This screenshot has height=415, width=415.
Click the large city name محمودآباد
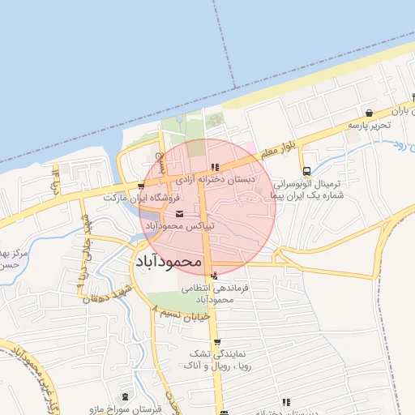[x=165, y=261]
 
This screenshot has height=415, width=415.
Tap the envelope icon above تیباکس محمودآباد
[x=179, y=214]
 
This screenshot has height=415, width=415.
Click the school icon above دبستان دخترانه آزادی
[x=214, y=167]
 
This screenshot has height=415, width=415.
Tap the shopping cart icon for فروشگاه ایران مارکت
[x=142, y=186]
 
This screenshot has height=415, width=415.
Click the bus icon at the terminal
[x=306, y=171]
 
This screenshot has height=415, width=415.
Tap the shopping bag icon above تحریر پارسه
[x=370, y=113]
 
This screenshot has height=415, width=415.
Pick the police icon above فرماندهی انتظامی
[x=214, y=276]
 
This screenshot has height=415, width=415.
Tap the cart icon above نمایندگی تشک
[x=214, y=341]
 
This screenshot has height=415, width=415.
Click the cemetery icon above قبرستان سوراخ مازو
[x=124, y=396]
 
